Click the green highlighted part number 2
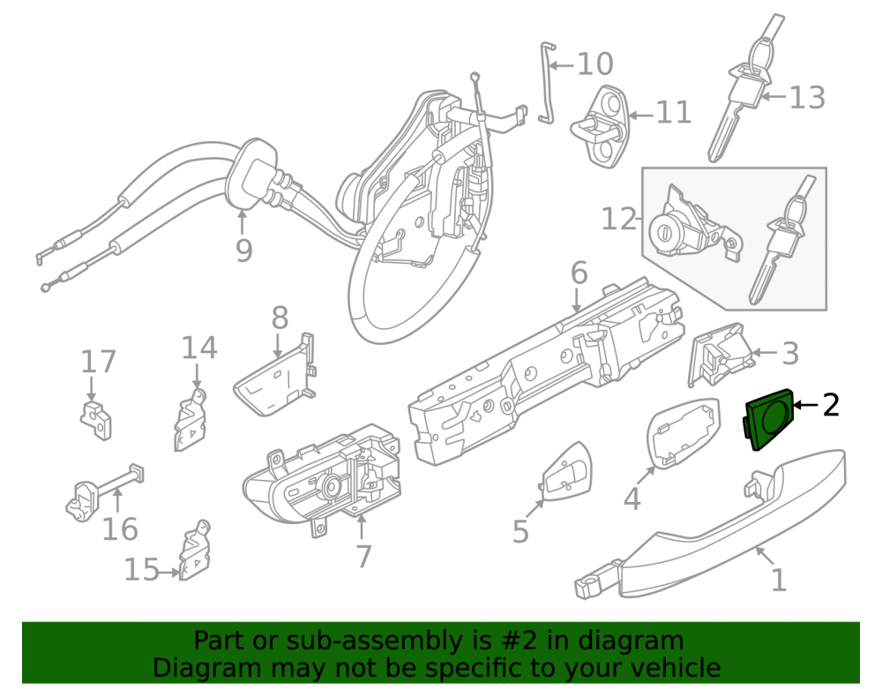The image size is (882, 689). tap(769, 420)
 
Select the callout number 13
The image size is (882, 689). tap(808, 97)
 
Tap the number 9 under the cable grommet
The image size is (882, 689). tap(243, 250)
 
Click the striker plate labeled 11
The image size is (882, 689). tap(601, 126)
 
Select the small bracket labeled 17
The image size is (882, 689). tap(96, 420)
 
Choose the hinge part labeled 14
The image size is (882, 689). tap(191, 420)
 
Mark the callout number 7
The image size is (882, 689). tap(364, 557)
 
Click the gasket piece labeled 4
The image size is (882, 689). tap(684, 432)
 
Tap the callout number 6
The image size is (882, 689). tap(579, 273)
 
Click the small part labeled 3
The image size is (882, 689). tap(720, 355)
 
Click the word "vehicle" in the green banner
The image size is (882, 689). tap(676, 668)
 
